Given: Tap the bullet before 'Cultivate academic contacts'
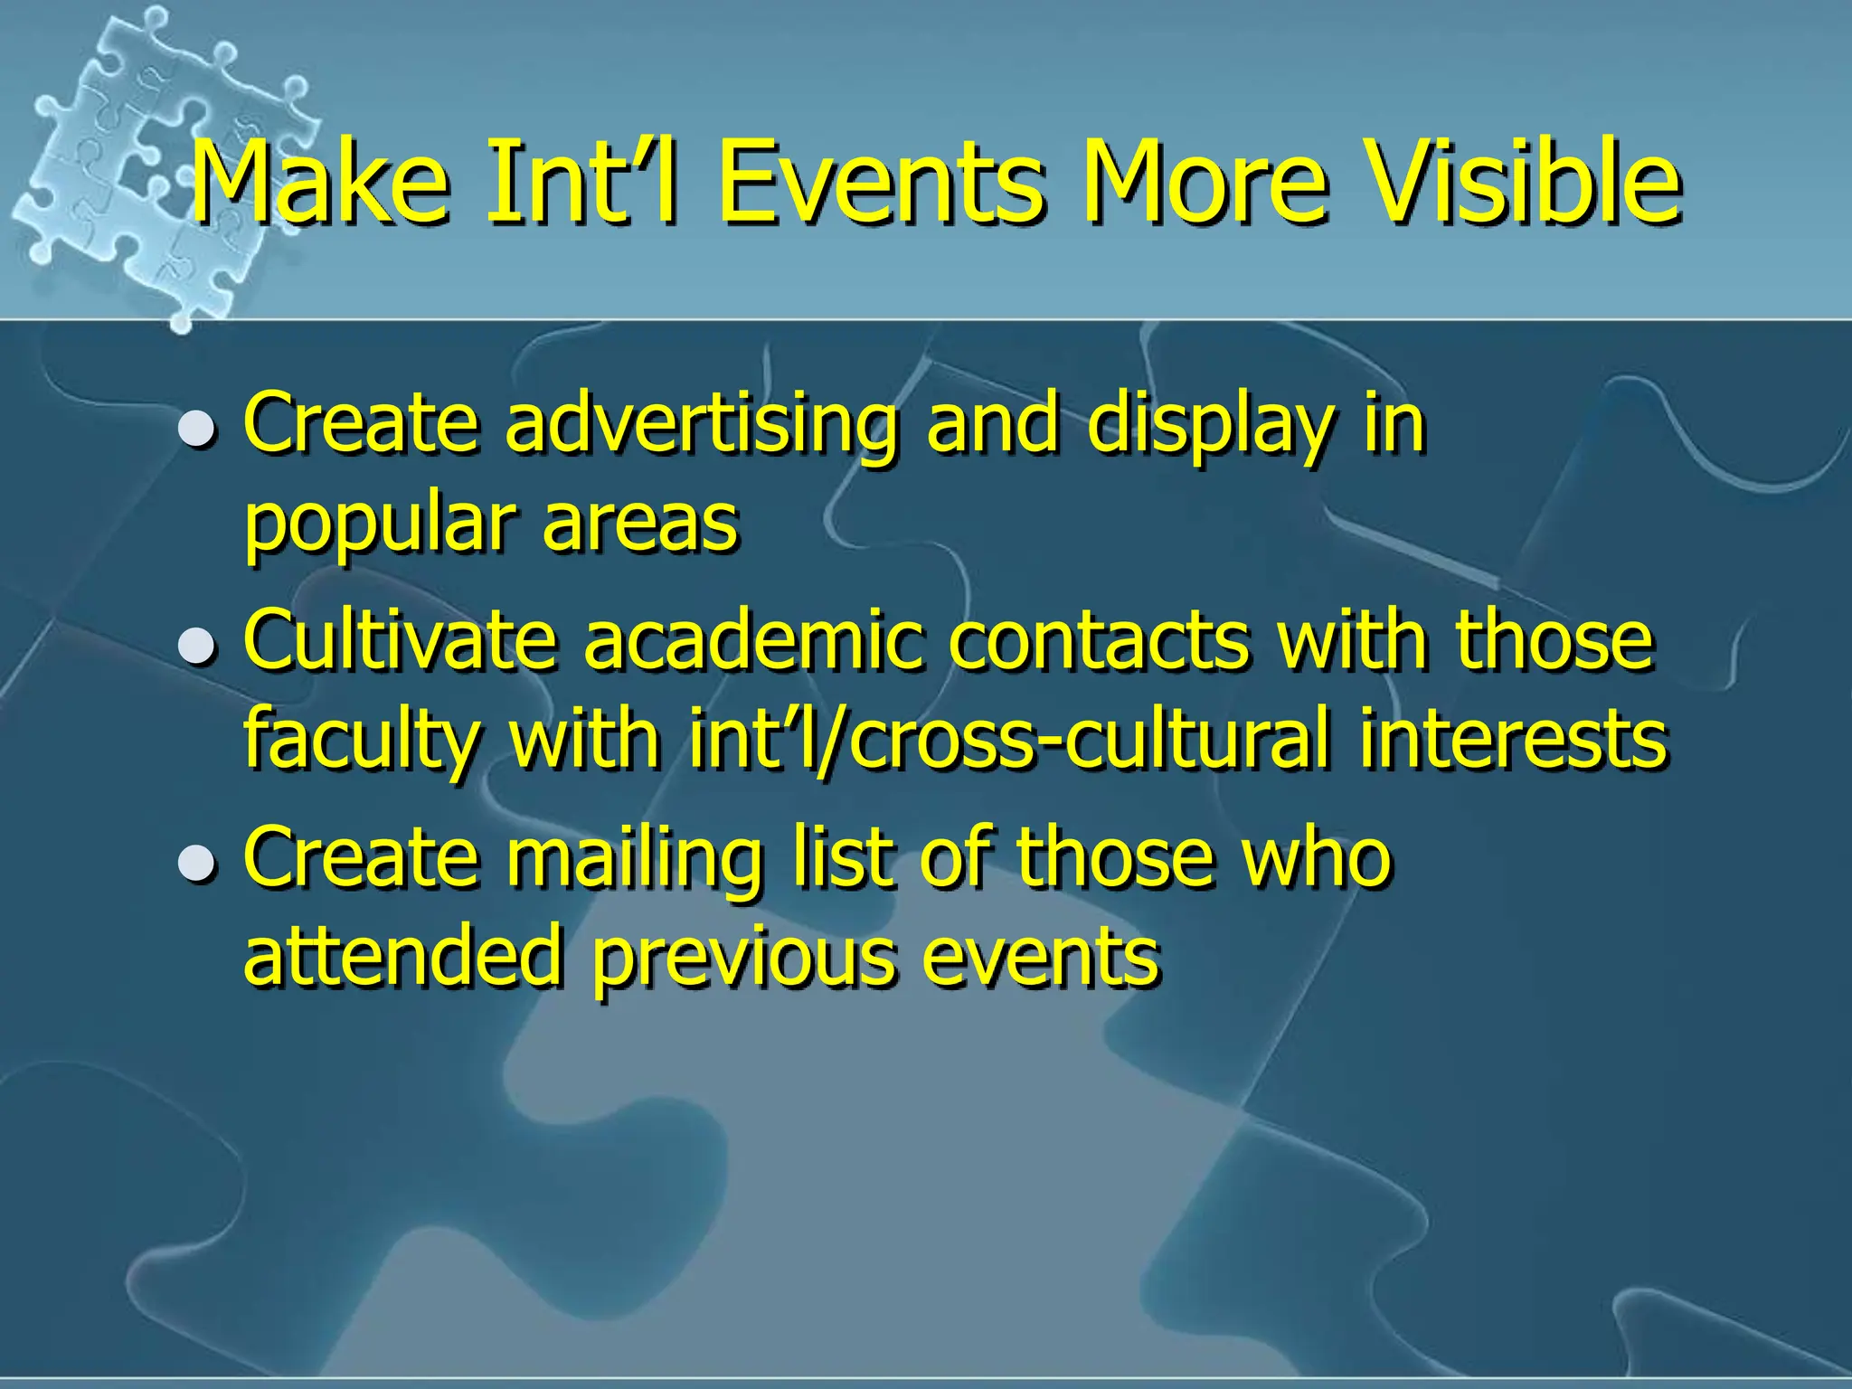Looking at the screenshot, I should click(196, 645).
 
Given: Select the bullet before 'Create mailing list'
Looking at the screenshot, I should click(196, 862).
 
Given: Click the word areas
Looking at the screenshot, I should click(640, 524).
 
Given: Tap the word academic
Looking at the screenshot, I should click(754, 640).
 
